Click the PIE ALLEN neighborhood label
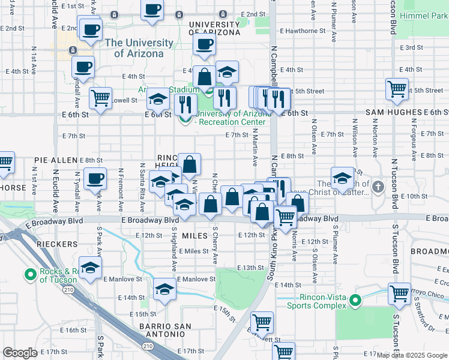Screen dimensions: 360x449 [56, 160]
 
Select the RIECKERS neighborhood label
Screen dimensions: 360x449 [56, 244]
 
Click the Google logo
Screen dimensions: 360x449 [20, 353]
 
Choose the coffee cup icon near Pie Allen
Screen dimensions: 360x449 [95, 178]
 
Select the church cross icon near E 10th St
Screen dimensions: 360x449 [378, 186]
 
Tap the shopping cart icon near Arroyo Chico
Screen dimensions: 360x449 [399, 294]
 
